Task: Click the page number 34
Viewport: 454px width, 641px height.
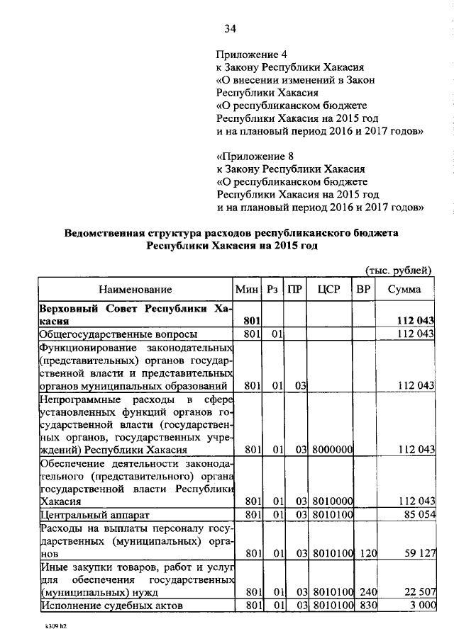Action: tap(230, 29)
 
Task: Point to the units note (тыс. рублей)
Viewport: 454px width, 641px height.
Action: tap(398, 271)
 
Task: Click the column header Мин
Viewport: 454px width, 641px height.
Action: tap(248, 289)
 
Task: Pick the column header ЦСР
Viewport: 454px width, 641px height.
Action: tap(330, 289)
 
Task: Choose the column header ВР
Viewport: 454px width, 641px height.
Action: tap(363, 289)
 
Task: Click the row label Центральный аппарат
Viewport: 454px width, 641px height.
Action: tap(96, 514)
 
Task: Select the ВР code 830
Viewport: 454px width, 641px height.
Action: tap(364, 606)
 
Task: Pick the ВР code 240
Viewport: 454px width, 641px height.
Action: tap(364, 592)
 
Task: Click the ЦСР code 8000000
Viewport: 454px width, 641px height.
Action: tap(330, 450)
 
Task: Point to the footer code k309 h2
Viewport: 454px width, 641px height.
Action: tap(52, 628)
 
